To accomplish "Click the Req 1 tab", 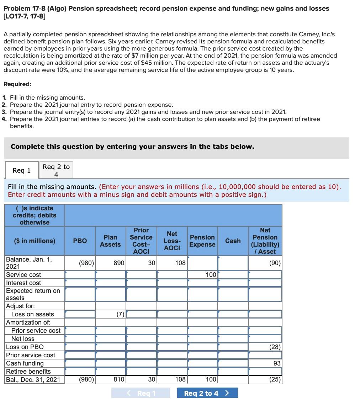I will [x=21, y=170].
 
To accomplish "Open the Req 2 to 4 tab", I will [x=56, y=170].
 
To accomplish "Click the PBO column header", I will [x=80, y=241].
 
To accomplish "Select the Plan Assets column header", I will [x=110, y=241].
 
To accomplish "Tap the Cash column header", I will [x=233, y=241].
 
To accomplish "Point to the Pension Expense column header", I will [x=202, y=241].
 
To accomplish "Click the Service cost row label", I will [x=23, y=275].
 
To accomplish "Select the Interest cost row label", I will [x=23, y=283].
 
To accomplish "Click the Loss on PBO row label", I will [x=25, y=347].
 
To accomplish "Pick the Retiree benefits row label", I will [x=28, y=372].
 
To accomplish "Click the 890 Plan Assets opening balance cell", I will [x=111, y=263].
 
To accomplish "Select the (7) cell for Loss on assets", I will [x=111, y=314].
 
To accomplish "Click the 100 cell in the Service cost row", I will [x=202, y=275].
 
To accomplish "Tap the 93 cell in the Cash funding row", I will [x=265, y=363].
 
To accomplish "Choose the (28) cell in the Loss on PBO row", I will [x=265, y=347].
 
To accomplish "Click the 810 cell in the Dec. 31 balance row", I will [x=111, y=380].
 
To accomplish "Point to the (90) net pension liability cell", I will [x=265, y=263].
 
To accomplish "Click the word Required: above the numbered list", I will [x=17, y=84].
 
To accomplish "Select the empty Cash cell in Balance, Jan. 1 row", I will [x=233, y=263].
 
